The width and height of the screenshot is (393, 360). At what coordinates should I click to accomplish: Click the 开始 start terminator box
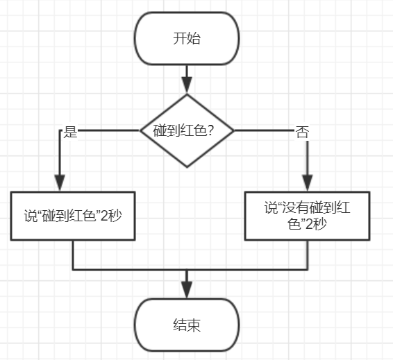[187, 39]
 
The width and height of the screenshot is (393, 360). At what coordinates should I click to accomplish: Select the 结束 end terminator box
[187, 325]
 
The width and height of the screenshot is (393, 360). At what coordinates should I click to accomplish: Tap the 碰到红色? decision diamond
[187, 130]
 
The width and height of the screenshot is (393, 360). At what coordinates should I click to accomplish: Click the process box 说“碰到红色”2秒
[73, 216]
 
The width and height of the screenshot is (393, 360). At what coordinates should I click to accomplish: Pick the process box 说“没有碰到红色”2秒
[308, 216]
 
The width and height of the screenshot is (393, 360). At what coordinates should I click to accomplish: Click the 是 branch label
[70, 132]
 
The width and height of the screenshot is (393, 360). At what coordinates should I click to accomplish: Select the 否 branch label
[302, 132]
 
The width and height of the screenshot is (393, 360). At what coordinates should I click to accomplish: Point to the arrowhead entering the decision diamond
[187, 85]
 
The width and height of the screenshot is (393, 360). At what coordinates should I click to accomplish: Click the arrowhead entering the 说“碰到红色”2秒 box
[60, 182]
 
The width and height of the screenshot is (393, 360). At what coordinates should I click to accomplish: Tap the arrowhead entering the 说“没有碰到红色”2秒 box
[308, 182]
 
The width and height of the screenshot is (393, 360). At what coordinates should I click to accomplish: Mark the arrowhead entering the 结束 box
[187, 290]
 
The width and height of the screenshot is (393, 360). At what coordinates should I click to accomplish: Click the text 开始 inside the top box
[187, 39]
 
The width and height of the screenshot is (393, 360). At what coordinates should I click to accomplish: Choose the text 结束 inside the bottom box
[187, 325]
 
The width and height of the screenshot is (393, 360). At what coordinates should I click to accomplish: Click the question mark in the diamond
[210, 130]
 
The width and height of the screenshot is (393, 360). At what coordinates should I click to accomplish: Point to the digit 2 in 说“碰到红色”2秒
[103, 216]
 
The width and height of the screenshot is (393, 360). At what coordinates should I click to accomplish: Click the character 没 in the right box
[289, 208]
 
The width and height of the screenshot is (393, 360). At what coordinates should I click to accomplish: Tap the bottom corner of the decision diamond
[187, 167]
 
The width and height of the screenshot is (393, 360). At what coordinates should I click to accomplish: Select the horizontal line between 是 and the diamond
[108, 130]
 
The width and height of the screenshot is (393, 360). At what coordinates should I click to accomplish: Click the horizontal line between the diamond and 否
[265, 130]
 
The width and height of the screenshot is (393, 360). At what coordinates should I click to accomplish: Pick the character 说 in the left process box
[31, 216]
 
